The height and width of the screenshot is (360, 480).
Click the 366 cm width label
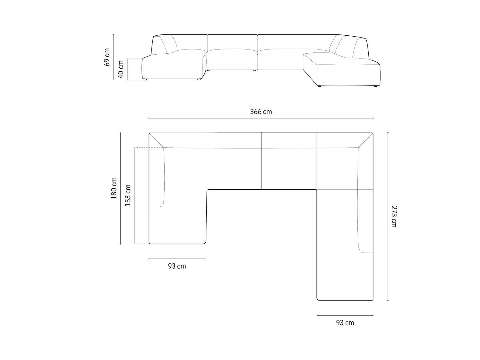coord(261,112)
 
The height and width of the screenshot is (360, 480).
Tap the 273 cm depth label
coord(394,217)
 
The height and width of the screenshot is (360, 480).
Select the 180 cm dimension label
coord(114,188)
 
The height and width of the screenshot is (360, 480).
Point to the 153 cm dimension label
coord(128,195)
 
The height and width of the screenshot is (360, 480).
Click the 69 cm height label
coord(107,57)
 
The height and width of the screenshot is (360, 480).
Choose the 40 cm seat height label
coord(121,69)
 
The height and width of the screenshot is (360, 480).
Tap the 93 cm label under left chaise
coord(177,266)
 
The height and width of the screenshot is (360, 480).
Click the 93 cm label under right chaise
coord(345,322)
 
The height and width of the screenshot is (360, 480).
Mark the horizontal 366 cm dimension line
coord(261,118)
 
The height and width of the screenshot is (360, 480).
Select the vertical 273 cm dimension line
coord(388,216)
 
